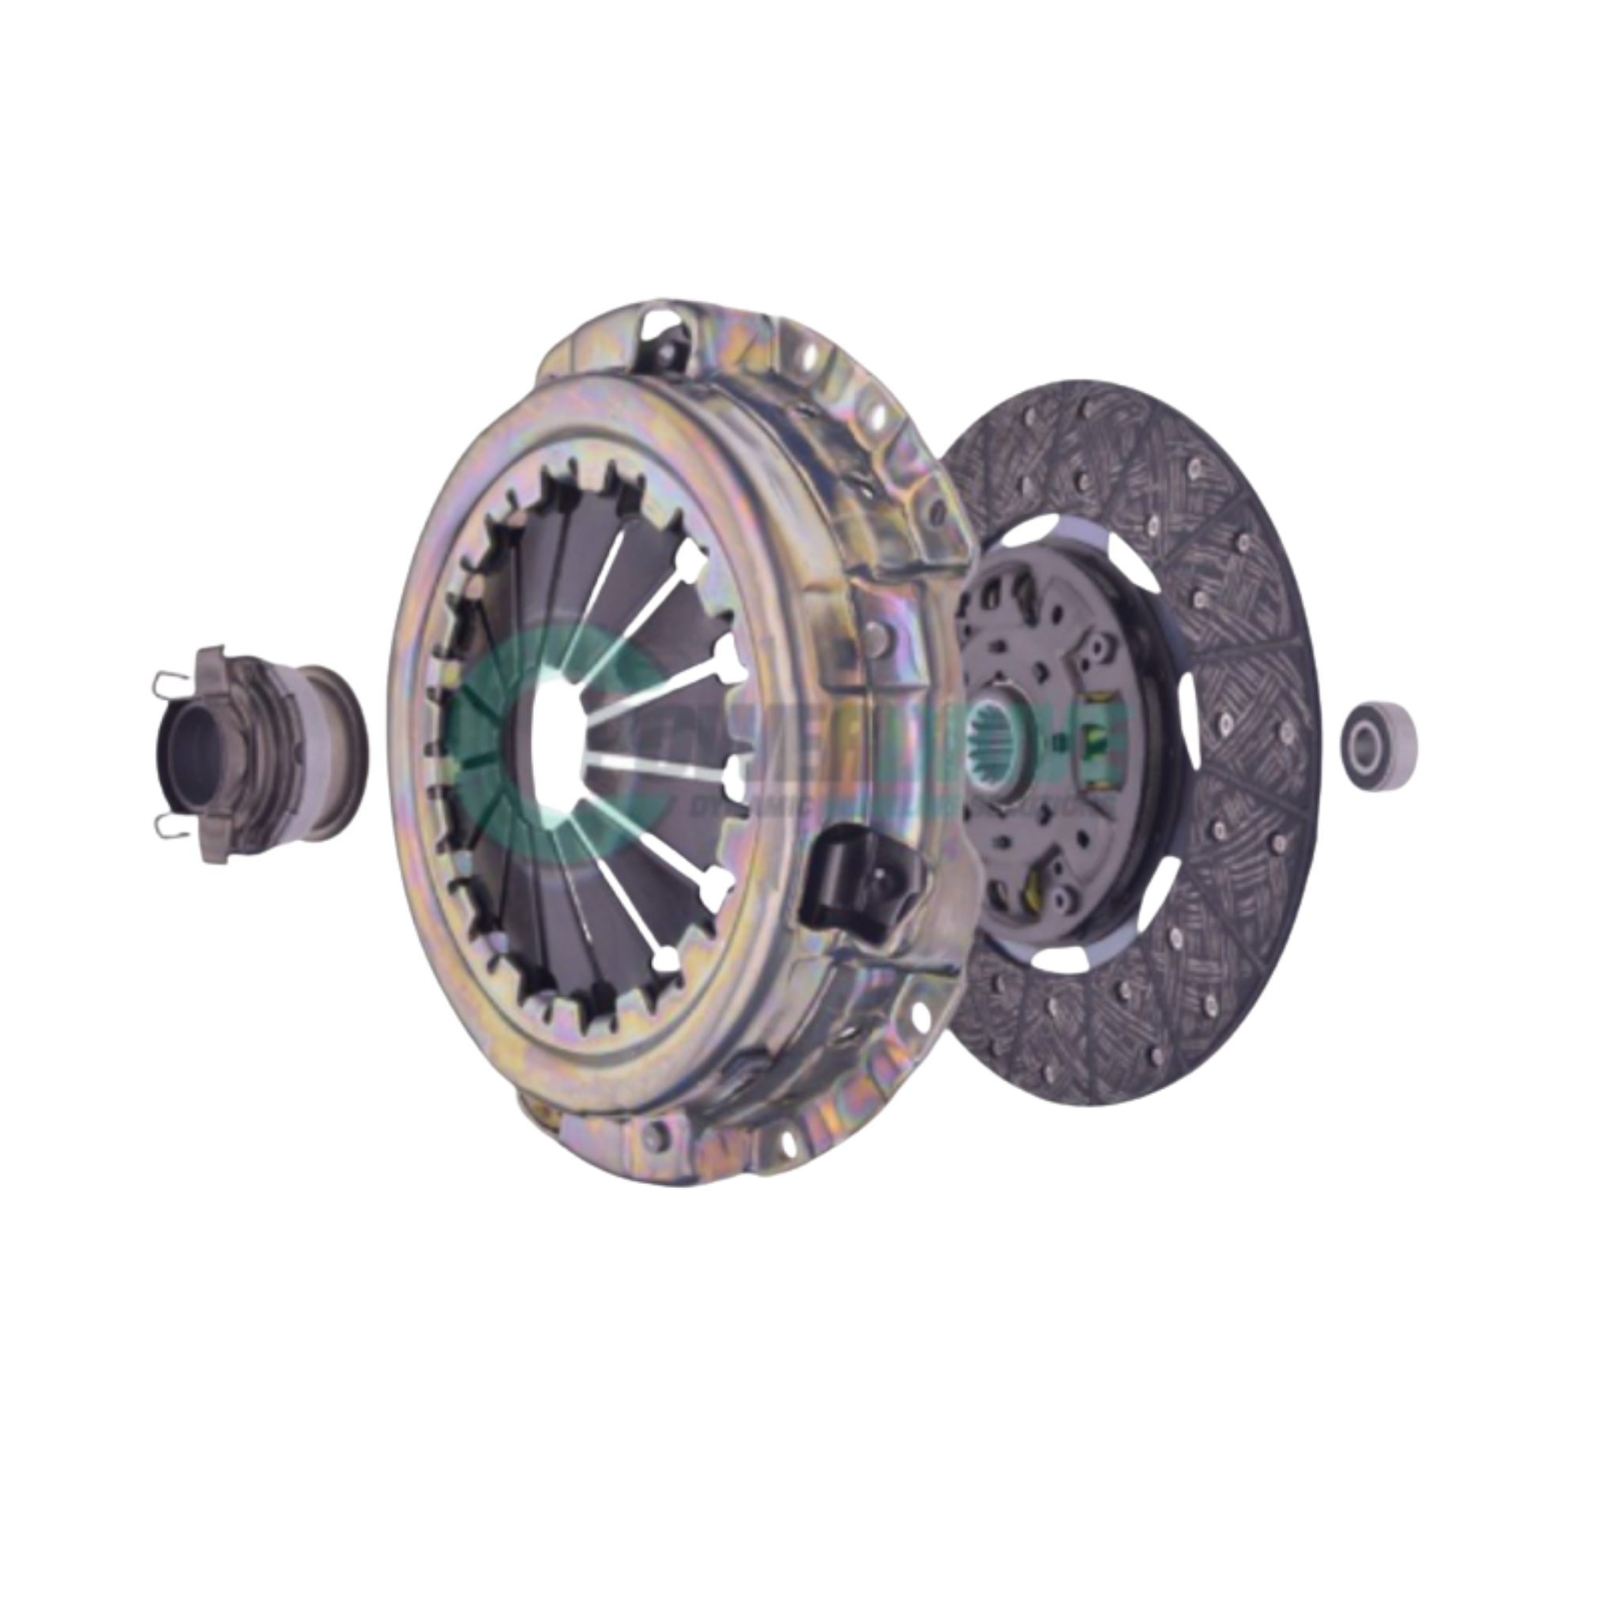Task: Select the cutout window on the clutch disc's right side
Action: point(1184,739)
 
